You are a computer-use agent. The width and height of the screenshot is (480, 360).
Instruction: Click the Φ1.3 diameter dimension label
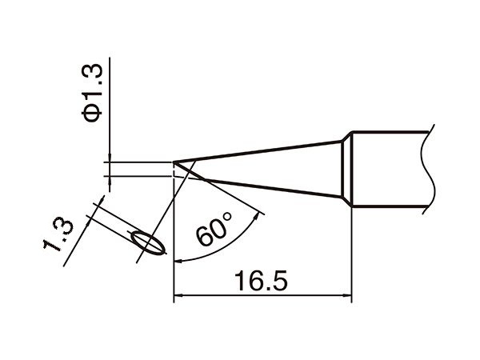pos(94,95)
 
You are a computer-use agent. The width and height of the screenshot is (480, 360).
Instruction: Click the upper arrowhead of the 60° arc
pos(258,212)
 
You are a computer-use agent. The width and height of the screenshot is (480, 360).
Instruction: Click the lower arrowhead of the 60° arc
pos(178,259)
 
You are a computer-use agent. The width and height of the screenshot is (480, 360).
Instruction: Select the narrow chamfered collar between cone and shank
pos(347,169)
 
